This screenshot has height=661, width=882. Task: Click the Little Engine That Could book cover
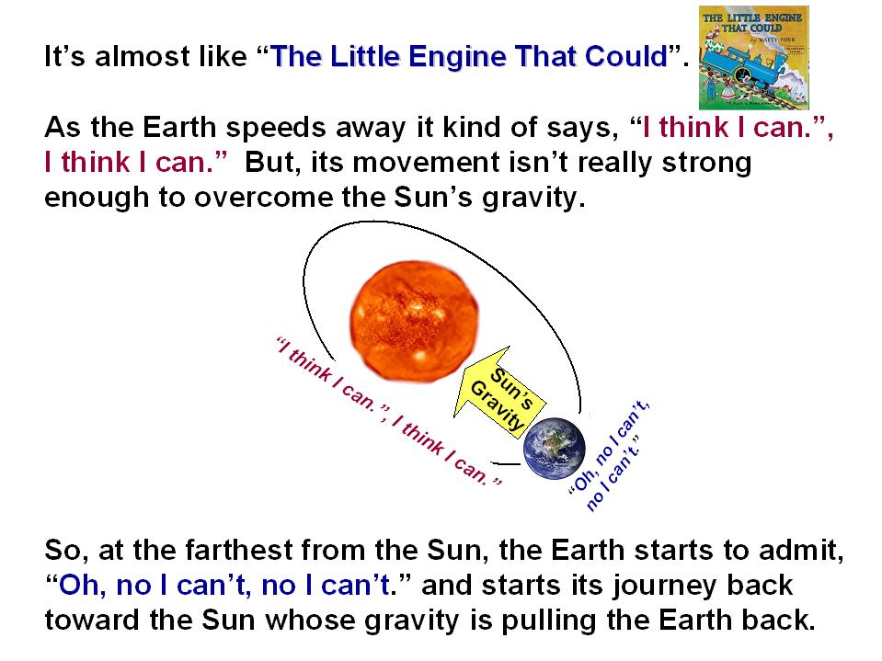click(754, 57)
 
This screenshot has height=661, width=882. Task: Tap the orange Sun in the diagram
click(414, 322)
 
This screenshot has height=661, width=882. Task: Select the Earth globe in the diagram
click(554, 449)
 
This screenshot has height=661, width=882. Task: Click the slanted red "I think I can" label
click(389, 410)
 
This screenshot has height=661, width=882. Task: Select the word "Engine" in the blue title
click(457, 57)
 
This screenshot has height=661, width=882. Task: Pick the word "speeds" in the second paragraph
click(276, 128)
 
